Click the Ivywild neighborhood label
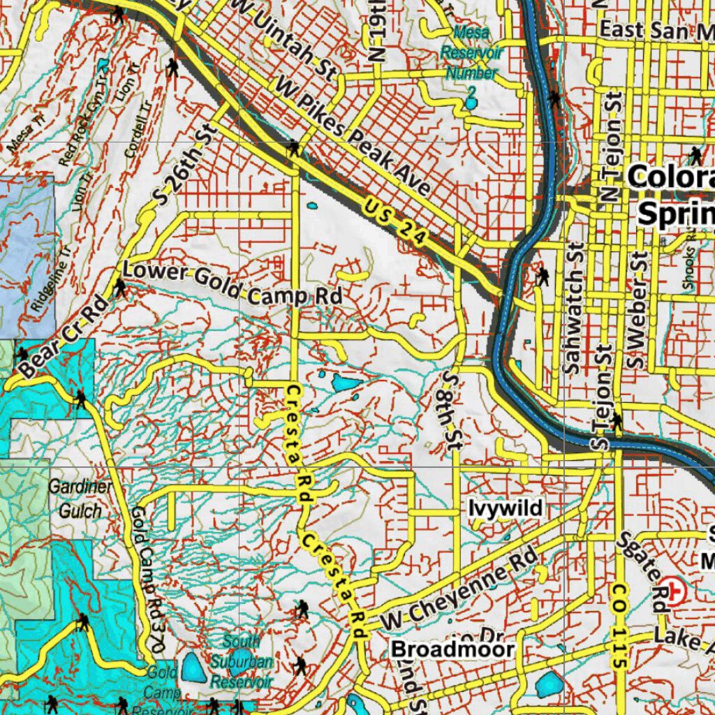click(x=506, y=508)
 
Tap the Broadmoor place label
click(x=452, y=649)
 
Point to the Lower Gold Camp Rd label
click(x=233, y=283)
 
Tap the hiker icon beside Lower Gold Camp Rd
click(x=120, y=287)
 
